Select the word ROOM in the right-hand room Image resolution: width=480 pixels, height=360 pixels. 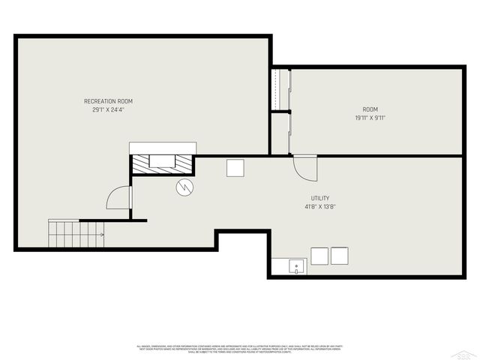click(x=370, y=109)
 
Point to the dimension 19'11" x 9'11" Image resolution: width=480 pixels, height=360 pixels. click(x=370, y=118)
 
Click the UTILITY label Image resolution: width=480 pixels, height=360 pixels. click(x=319, y=198)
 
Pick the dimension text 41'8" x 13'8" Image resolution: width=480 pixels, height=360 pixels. click(x=319, y=206)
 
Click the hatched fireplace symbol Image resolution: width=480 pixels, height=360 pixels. click(x=163, y=163)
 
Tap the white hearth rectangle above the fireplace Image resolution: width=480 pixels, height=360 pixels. click(x=163, y=147)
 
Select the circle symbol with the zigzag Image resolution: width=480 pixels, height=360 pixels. click(x=184, y=187)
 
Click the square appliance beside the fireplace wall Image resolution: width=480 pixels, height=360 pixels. click(x=235, y=168)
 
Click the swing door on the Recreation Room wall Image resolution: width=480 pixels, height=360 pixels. click(x=120, y=198)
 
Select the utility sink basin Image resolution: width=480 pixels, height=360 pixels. click(x=297, y=265)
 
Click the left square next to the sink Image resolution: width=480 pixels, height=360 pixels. click(x=319, y=256)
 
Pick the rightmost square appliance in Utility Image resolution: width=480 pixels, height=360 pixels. click(x=340, y=256)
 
